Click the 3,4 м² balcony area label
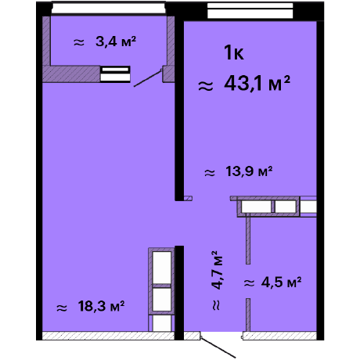[x=116, y=41]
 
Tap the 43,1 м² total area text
[x=257, y=84]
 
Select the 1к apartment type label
[x=234, y=52]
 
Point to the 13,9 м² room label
[x=249, y=171]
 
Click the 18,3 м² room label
[x=101, y=306]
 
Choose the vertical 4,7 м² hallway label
[x=217, y=270]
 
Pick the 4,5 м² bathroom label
[x=281, y=282]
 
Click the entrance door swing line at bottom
[x=218, y=347]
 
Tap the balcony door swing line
[x=148, y=78]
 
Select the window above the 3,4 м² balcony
[x=108, y=8]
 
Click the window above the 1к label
[x=250, y=11]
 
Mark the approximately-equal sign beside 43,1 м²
[x=206, y=86]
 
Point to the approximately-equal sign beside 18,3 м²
[x=62, y=308]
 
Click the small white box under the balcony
[x=115, y=74]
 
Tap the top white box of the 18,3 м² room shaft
[x=162, y=268]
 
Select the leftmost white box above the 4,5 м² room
[x=256, y=207]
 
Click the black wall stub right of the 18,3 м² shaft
[x=179, y=293]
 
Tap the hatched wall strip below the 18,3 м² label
[x=108, y=336]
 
